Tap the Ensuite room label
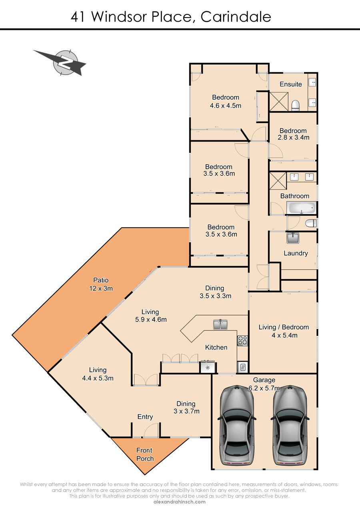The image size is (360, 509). click(291, 84)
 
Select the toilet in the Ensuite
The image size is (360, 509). click(296, 106)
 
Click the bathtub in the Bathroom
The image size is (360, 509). click(301, 208)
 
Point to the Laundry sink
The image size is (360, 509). click(293, 238)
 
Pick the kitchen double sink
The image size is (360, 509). click(220, 325)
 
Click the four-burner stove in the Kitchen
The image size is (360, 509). click(242, 341)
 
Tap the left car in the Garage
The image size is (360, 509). click(237, 425)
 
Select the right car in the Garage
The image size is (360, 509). click(290, 425)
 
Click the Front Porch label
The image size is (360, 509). click(145, 454)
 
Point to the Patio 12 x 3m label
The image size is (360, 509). click(101, 284)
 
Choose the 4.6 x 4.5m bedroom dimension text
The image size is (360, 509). click(226, 106)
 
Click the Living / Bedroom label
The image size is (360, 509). click(284, 327)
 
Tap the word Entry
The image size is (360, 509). click(145, 417)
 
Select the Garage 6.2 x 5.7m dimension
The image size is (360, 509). click(264, 388)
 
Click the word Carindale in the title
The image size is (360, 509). click(236, 17)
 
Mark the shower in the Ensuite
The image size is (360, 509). click(279, 102)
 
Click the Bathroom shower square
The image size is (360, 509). click(278, 181)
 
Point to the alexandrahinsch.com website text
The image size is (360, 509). click(180, 502)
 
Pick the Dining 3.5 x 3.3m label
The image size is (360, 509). click(215, 292)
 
